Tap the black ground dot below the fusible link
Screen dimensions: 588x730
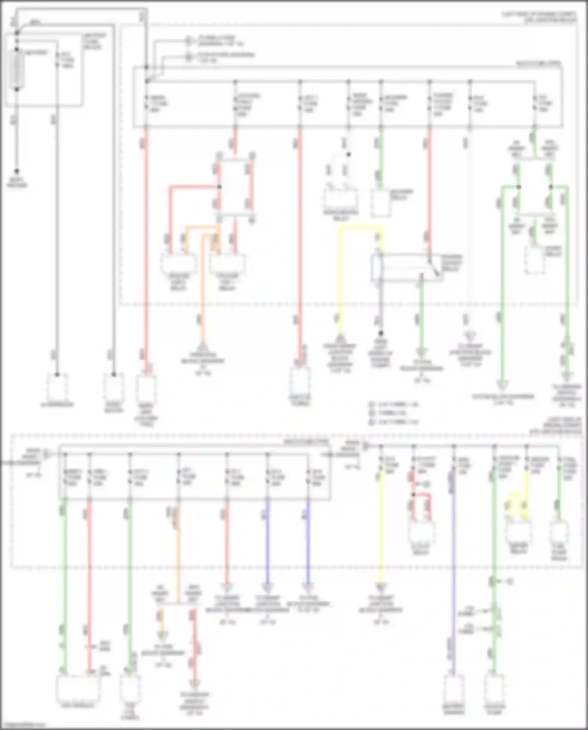pos(17,171)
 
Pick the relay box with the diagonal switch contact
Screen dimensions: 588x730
pos(408,268)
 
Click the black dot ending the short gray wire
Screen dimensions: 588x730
pos(380,333)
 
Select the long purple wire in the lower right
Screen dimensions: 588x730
pos(454,569)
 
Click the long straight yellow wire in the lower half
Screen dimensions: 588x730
pos(380,530)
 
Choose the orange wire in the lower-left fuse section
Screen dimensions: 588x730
pos(178,549)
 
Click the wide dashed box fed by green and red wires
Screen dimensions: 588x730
pos(78,688)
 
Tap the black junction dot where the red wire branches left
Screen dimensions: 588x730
pos(219,187)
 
